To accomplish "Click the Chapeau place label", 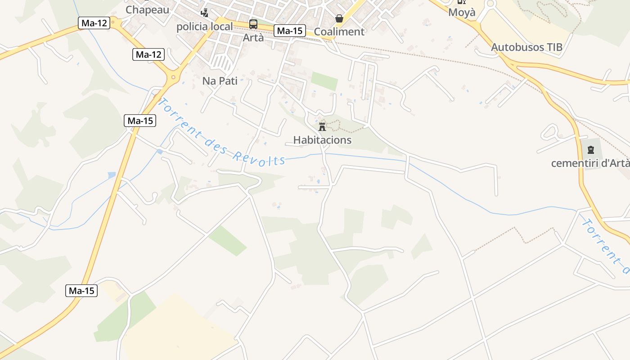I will tap(147, 9).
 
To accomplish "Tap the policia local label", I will tap(204, 27).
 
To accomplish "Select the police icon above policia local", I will tap(205, 13).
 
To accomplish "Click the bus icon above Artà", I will tap(253, 24).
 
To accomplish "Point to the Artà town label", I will tap(253, 37).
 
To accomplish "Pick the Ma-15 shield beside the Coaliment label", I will tap(289, 31).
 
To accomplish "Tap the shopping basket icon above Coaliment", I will tap(339, 18).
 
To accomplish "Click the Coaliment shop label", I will tap(339, 31).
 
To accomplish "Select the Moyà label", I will tap(462, 12).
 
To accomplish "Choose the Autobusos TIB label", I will tap(526, 47).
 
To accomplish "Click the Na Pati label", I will tap(220, 81).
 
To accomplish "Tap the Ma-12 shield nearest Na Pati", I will tap(148, 55).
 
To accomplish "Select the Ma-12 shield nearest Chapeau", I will tap(94, 23).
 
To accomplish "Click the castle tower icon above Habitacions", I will tap(322, 126).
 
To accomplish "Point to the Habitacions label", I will tap(322, 140).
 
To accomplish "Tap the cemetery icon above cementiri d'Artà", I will tap(590, 150).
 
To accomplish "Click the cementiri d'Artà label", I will tap(590, 163).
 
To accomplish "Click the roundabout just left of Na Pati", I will tap(173, 77).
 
